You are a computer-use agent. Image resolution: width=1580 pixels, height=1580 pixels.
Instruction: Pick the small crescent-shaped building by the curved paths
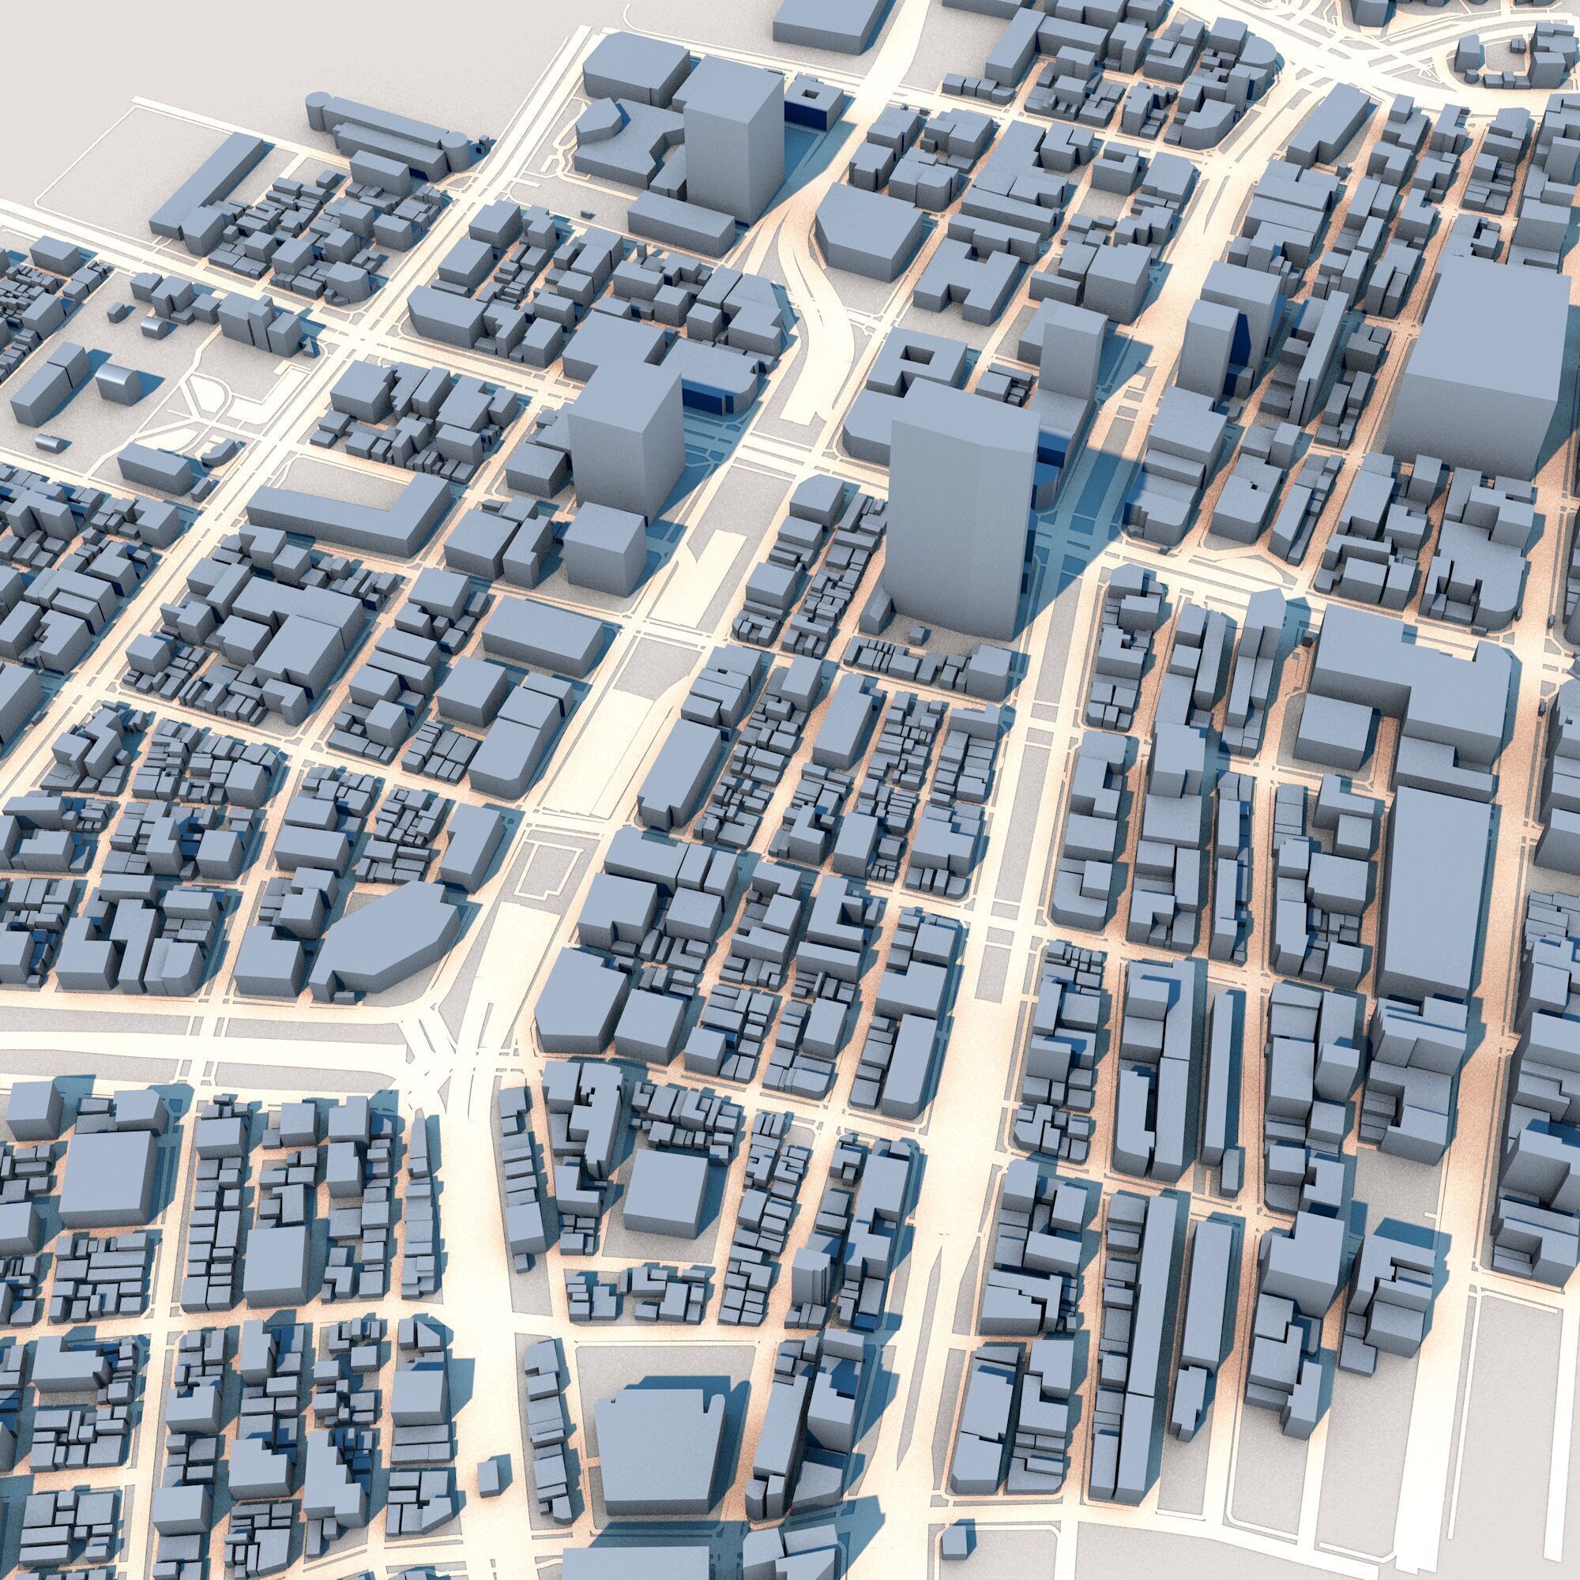[x=223, y=452]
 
